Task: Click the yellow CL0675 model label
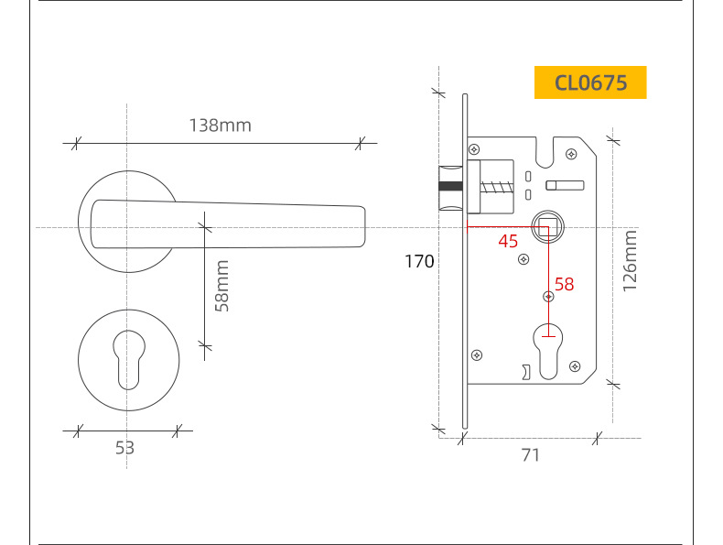coord(590,82)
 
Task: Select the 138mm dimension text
coord(221,125)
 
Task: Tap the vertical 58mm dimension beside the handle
coord(222,286)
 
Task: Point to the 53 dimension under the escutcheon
coord(124,448)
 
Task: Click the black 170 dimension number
coord(419,262)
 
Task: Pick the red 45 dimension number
coord(508,241)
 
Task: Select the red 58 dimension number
coord(565,284)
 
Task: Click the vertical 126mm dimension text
coord(630,261)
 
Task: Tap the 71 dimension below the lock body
coord(530,455)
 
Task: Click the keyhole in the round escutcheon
coord(129,360)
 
